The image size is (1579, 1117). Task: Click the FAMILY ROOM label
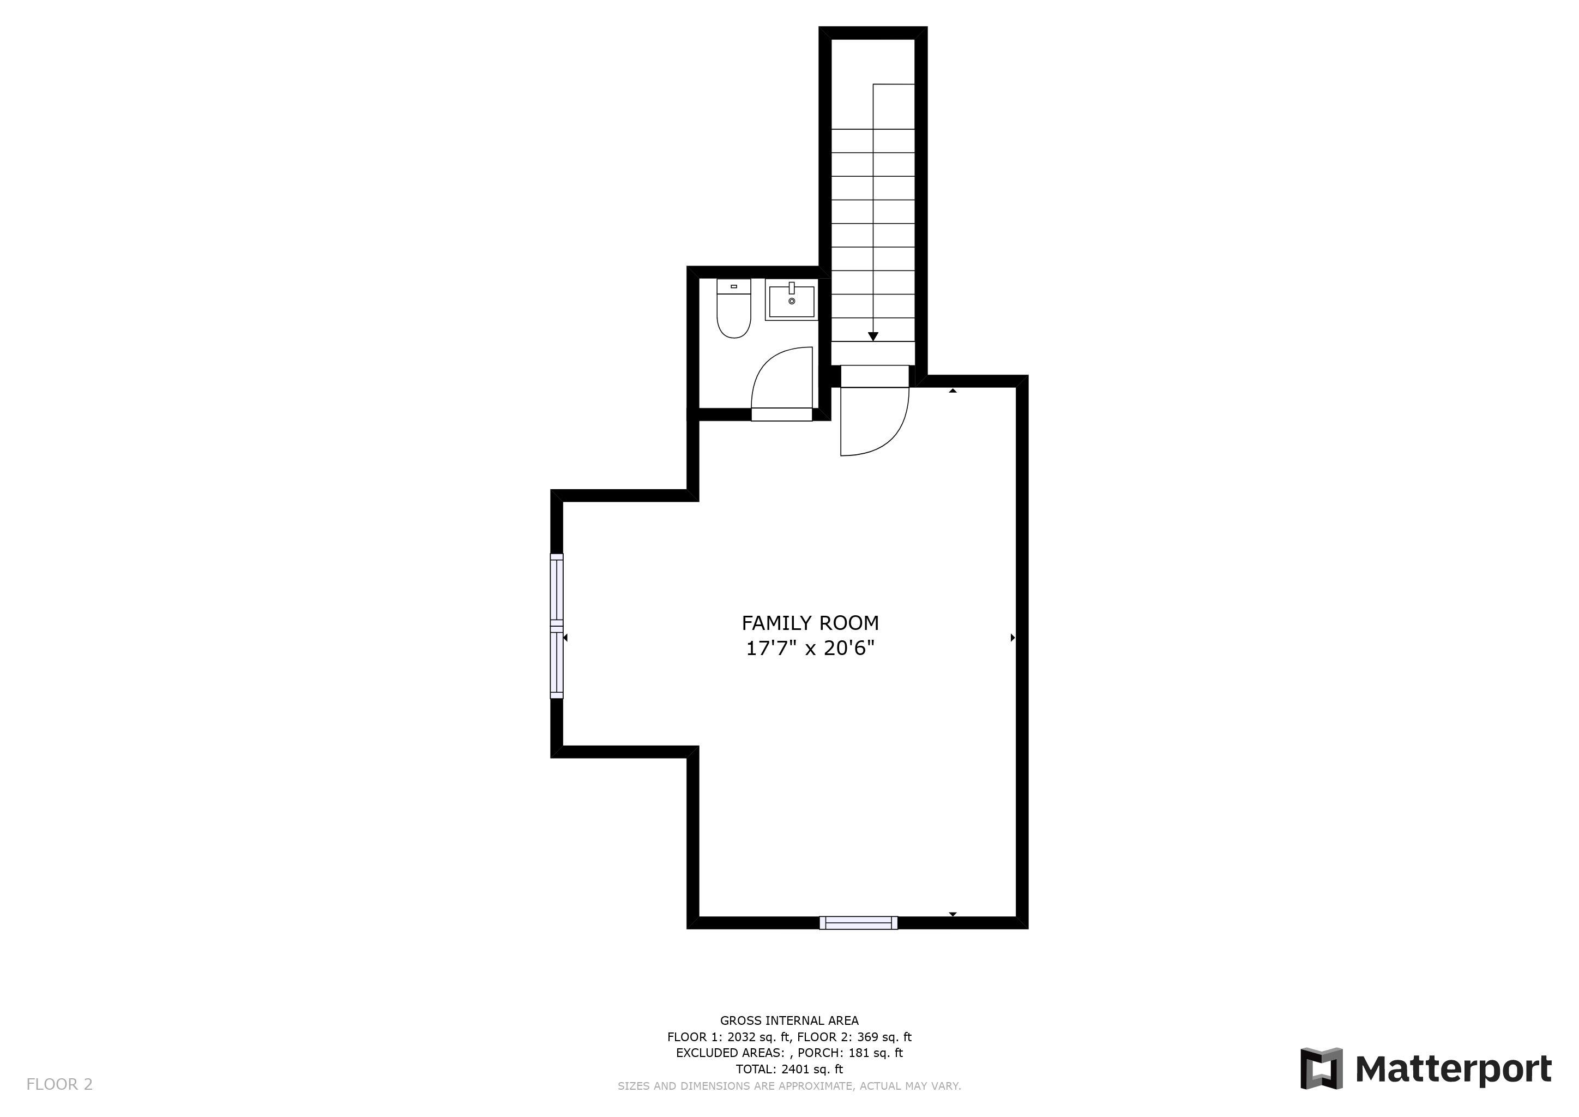pos(810,623)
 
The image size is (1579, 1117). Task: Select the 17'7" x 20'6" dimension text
pos(810,648)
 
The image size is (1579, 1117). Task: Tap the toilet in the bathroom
pos(734,308)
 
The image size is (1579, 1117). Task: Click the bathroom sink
pos(792,300)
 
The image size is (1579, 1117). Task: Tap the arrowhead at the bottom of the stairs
pos(873,337)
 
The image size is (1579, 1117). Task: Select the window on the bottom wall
pos(859,923)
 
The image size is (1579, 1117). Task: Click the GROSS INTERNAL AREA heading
pos(789,1020)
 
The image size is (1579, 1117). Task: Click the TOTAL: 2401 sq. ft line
pos(789,1069)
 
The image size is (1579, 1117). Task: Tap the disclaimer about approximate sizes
pos(789,1085)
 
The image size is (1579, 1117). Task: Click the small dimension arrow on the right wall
pos(1013,638)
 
